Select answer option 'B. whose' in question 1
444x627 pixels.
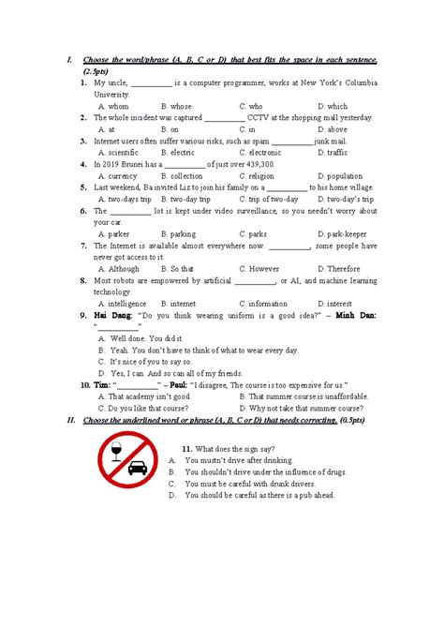pos(176,107)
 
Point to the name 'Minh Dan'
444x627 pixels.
pos(352,316)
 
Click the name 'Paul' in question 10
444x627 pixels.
pos(174,384)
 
